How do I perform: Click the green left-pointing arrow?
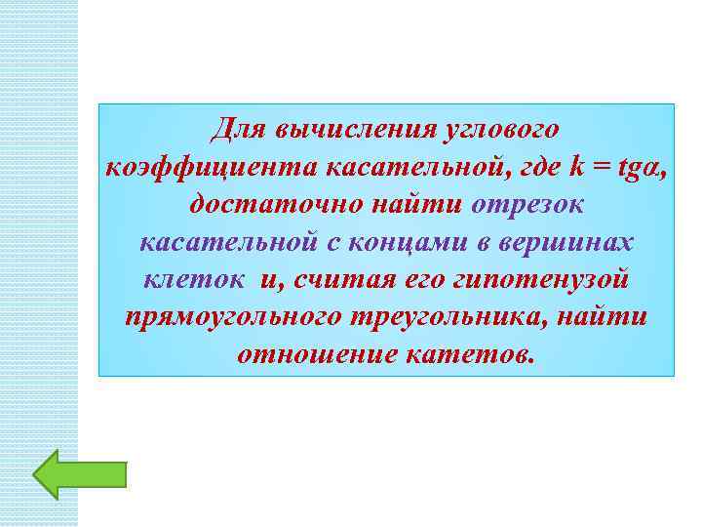[x=79, y=475]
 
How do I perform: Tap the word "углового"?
[x=498, y=129]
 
